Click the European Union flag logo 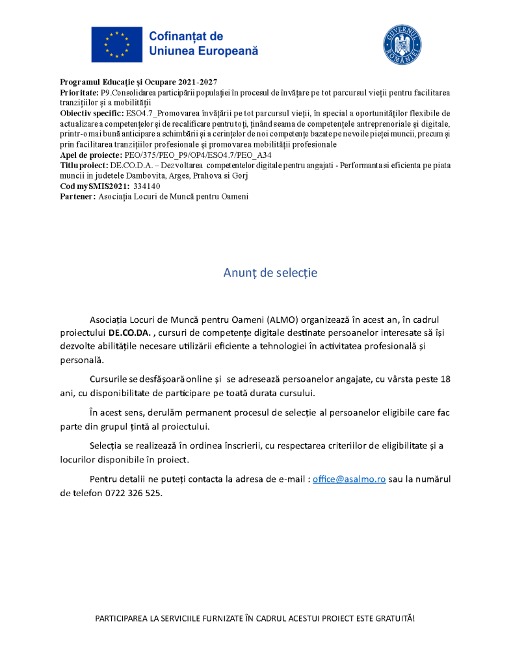(116, 44)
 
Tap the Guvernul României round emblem (402, 44)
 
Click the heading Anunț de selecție (270, 273)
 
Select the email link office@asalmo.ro (349, 479)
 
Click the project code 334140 (146, 186)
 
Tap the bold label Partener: (77, 196)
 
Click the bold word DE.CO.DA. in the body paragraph (130, 332)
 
